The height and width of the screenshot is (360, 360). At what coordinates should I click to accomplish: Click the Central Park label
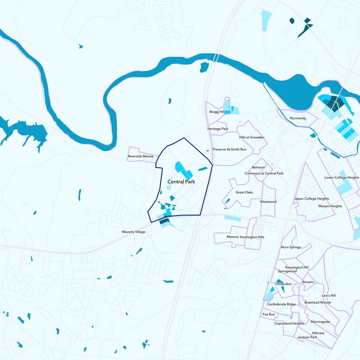pyautogui.click(x=181, y=182)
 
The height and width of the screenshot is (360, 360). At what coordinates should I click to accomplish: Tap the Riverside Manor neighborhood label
pyautogui.click(x=141, y=157)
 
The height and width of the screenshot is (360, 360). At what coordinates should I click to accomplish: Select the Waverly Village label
pyautogui.click(x=134, y=232)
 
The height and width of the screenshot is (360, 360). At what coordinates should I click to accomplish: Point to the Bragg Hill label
pyautogui.click(x=217, y=112)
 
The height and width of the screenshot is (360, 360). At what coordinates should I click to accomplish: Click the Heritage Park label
pyautogui.click(x=218, y=129)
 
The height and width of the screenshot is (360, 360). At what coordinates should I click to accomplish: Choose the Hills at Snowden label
pyautogui.click(x=252, y=137)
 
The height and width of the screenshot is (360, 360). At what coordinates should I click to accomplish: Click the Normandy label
pyautogui.click(x=298, y=118)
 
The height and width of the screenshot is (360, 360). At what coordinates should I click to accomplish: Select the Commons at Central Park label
pyautogui.click(x=264, y=173)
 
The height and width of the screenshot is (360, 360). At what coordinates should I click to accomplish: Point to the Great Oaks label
pyautogui.click(x=244, y=192)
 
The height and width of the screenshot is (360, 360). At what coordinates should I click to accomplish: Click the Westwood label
pyautogui.click(x=268, y=202)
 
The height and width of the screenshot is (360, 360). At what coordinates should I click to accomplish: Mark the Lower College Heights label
pyautogui.click(x=342, y=178)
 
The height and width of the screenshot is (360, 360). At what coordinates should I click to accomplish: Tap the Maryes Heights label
pyautogui.click(x=330, y=206)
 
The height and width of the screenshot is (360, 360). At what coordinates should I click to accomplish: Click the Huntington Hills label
pyautogui.click(x=252, y=237)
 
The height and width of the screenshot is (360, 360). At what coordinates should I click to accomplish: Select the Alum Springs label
pyautogui.click(x=290, y=247)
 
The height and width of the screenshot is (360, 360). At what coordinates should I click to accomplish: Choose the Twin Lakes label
pyautogui.click(x=284, y=284)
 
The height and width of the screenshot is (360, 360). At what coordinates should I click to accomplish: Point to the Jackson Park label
pyautogui.click(x=307, y=337)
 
